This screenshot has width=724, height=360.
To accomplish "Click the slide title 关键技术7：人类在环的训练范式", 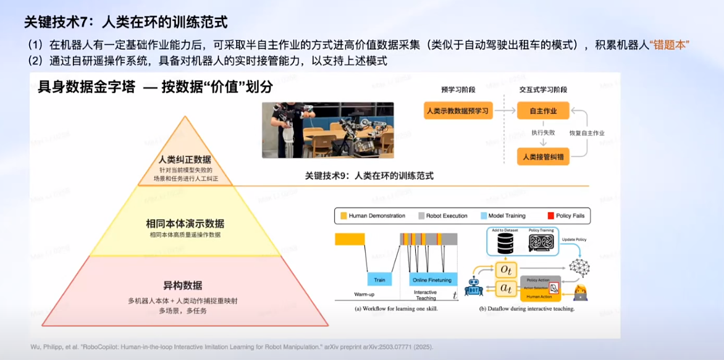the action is tap(125, 22).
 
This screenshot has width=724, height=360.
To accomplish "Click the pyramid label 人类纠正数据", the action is tap(185, 159).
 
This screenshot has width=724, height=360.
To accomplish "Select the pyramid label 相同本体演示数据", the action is tap(185, 223).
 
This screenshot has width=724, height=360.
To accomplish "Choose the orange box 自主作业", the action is tap(543, 111).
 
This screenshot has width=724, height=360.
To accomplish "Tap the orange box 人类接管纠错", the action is tap(543, 156).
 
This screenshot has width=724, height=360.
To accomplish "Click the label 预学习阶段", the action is tap(458, 90).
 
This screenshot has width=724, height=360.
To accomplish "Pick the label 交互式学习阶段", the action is tap(543, 90).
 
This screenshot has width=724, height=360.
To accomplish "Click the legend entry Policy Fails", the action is tap(567, 216).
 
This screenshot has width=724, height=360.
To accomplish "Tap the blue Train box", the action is tap(379, 280).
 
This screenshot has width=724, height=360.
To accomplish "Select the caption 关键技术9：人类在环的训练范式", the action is tap(369, 176).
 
